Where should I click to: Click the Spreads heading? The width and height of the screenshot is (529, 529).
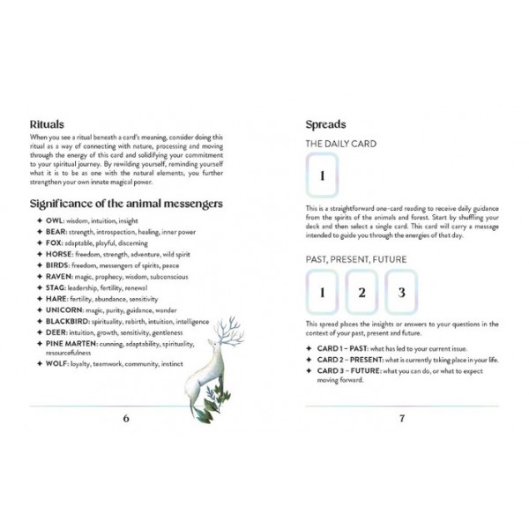[325, 124]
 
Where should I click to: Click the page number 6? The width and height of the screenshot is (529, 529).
[125, 418]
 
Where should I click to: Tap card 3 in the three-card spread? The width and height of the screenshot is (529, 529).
[401, 293]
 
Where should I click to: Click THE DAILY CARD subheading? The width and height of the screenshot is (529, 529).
[340, 144]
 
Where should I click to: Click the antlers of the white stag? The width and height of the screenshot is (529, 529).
[231, 328]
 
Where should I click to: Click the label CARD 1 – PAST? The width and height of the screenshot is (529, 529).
[343, 350]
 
